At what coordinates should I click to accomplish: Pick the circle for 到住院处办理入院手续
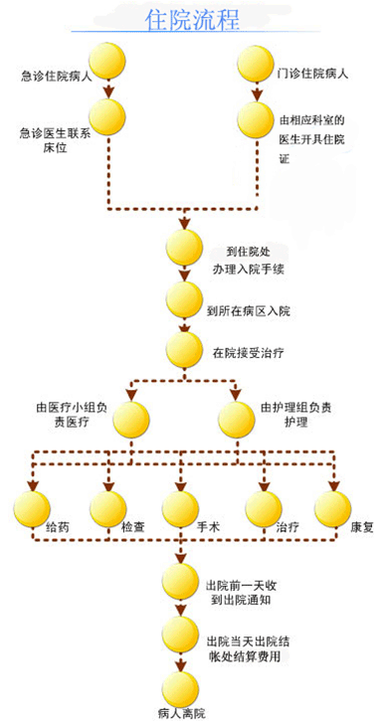pos(184,248)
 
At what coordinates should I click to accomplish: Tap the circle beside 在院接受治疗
pos(185,350)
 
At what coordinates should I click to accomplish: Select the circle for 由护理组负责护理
pos(236,420)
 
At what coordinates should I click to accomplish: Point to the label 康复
pos(360,524)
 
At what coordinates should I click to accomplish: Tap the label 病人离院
pos(180,712)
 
